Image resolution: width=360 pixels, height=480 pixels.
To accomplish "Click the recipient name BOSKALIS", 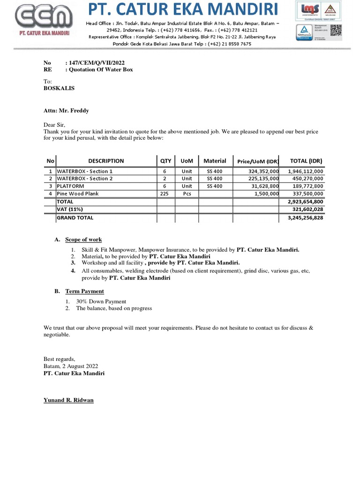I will (59, 88).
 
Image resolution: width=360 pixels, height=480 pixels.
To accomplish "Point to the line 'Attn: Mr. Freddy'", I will (66, 111).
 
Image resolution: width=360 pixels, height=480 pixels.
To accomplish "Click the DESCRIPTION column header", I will (106, 161).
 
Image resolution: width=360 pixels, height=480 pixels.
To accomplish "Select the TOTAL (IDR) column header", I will (306, 161).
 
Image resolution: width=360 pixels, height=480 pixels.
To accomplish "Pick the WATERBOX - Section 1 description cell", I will (85, 172).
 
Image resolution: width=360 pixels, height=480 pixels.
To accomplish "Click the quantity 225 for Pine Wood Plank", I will (165, 193).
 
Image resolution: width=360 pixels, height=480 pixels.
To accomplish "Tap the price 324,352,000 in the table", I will (264, 172).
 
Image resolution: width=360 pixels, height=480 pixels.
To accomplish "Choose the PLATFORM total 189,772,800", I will (305, 186).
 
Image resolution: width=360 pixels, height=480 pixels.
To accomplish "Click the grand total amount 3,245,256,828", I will (305, 218).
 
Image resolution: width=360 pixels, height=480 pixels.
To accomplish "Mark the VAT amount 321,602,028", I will (308, 210).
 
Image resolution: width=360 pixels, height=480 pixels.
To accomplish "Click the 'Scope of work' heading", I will (83, 240).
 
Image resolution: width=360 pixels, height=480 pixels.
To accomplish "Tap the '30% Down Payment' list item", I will (101, 301).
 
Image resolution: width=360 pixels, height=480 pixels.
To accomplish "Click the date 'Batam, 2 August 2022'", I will (71, 366).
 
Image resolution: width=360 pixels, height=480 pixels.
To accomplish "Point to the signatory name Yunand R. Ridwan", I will (68, 400).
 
